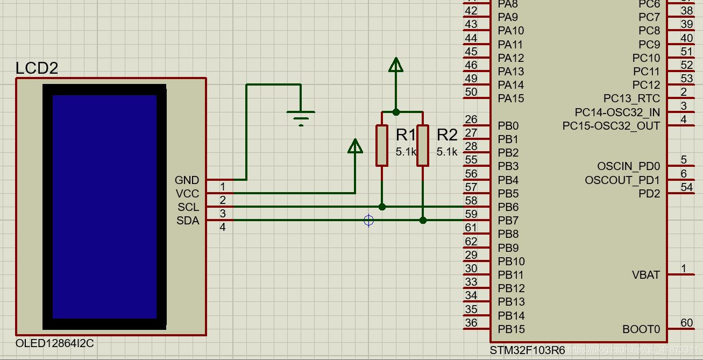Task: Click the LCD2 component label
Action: [x=37, y=68]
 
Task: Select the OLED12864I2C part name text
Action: [x=55, y=343]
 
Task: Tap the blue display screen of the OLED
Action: [x=104, y=207]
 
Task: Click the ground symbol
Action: [x=301, y=116]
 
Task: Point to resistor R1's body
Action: [x=382, y=145]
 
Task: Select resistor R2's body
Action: [x=423, y=145]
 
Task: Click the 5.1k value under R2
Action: [x=446, y=152]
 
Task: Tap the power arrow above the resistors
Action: [x=396, y=65]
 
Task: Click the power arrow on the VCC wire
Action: [x=355, y=146]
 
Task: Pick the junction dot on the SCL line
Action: [x=382, y=207]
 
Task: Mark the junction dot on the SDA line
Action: [x=423, y=220]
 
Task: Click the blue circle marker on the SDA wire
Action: [x=368, y=220]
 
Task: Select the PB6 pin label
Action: [x=508, y=207]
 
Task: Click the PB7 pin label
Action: [x=508, y=221]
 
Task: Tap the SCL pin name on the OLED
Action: [x=188, y=207]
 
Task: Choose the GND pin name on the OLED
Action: [x=187, y=180]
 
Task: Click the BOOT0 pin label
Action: [x=641, y=329]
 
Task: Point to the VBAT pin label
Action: [x=645, y=275]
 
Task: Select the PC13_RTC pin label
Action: [x=631, y=98]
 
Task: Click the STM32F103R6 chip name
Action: [x=527, y=350]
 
